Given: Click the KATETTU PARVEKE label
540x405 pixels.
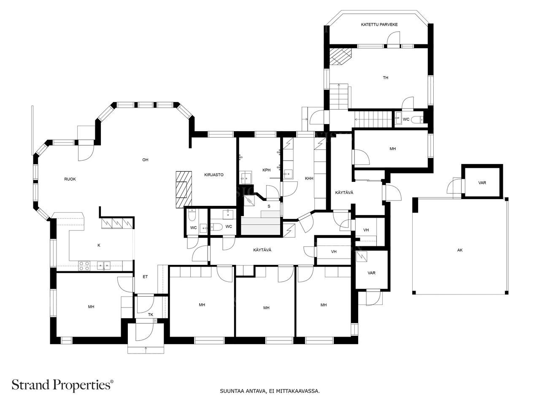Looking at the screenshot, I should pyautogui.click(x=379, y=25).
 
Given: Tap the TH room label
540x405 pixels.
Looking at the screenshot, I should pyautogui.click(x=386, y=78).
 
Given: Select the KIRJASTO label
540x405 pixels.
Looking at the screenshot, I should pyautogui.click(x=213, y=175).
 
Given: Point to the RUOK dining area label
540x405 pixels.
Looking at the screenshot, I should pyautogui.click(x=70, y=179).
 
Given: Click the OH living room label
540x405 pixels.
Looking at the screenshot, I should pyautogui.click(x=145, y=160).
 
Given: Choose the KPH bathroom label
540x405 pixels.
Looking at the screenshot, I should pyautogui.click(x=266, y=170).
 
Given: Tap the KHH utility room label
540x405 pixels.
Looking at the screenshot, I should pyautogui.click(x=309, y=179).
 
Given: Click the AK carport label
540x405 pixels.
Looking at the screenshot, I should pyautogui.click(x=460, y=250).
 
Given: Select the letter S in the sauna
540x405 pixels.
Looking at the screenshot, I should pyautogui.click(x=269, y=206).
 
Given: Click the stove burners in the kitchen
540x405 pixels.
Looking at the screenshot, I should pyautogui.click(x=84, y=266).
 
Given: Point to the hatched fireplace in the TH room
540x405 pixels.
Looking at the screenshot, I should pyautogui.click(x=340, y=56).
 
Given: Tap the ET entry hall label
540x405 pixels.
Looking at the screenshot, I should pyautogui.click(x=145, y=277).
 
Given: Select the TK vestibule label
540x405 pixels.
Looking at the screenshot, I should pyautogui.click(x=151, y=315).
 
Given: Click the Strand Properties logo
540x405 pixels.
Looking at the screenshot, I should pyautogui.click(x=62, y=384).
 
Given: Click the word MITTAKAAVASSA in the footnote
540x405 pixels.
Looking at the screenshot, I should pyautogui.click(x=300, y=391).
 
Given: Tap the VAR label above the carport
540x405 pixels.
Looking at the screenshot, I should pyautogui.click(x=482, y=183).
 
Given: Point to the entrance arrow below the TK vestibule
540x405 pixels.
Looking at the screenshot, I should pyautogui.click(x=146, y=348).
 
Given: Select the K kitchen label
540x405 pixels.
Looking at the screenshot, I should pyautogui.click(x=99, y=245).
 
